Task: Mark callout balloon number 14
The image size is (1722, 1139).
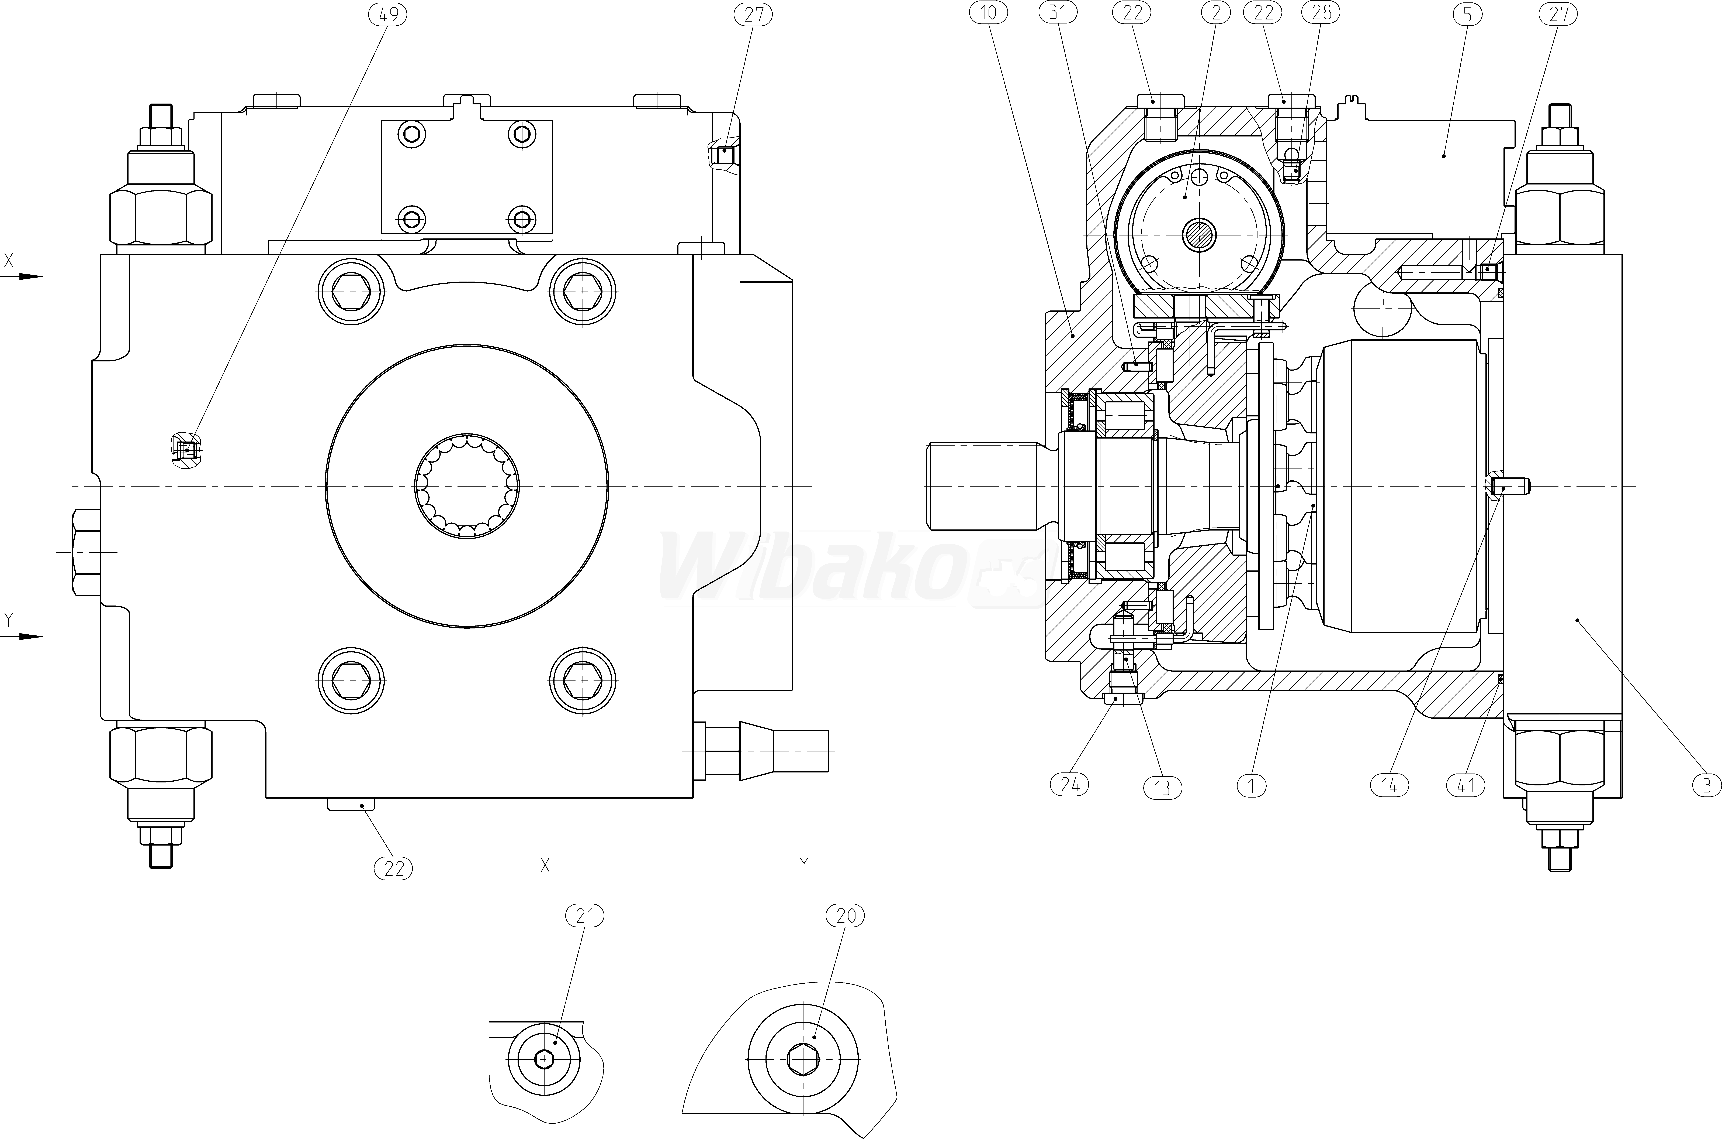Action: point(1389,785)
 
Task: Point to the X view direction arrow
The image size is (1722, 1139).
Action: point(29,276)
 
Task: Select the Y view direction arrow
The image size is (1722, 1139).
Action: point(29,636)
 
